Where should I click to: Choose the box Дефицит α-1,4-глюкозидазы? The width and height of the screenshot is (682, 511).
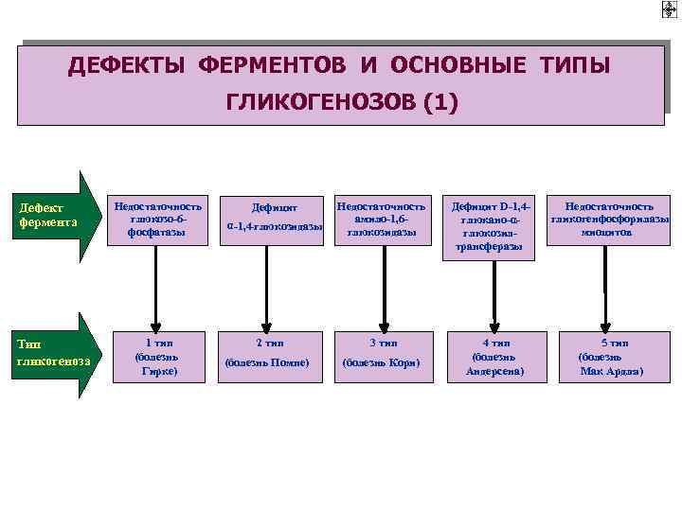click(275, 220)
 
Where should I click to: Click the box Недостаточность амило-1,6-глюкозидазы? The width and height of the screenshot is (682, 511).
click(383, 220)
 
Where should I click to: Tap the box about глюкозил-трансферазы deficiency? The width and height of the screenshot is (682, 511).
click(494, 227)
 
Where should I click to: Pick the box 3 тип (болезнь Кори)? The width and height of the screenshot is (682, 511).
click(383, 356)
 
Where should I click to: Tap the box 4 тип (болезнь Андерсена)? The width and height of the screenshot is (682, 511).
click(494, 356)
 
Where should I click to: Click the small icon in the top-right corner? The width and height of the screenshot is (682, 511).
click(669, 10)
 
